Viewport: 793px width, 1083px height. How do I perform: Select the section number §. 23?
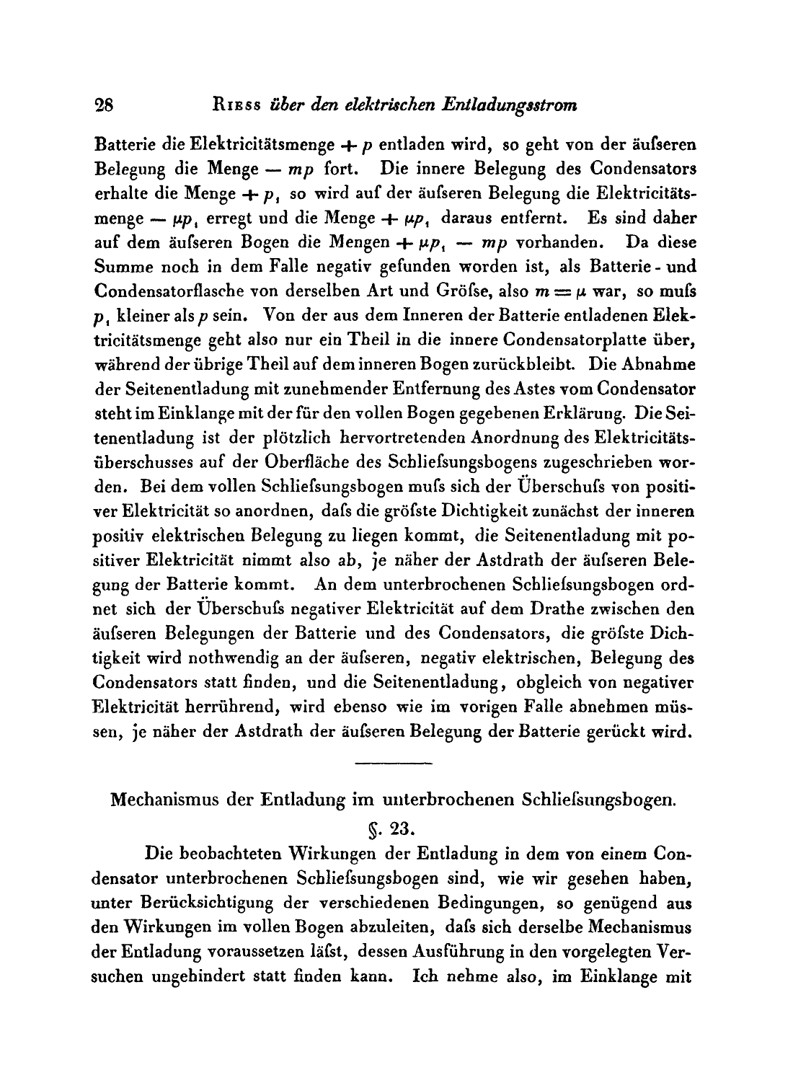(x=393, y=826)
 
